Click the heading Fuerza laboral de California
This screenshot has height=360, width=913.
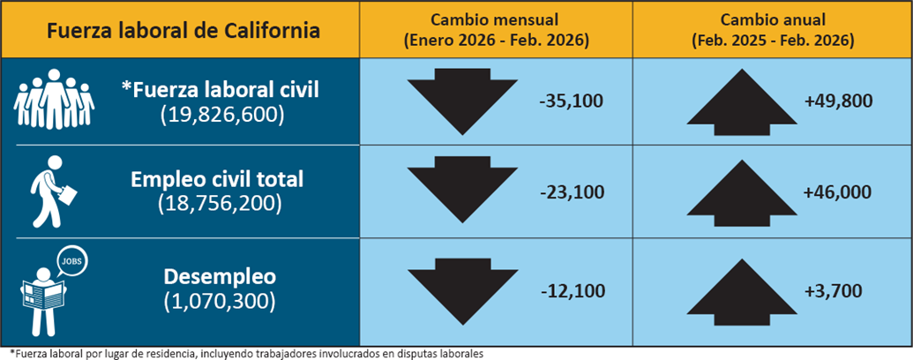click(183, 31)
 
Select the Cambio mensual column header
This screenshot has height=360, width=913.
click(497, 30)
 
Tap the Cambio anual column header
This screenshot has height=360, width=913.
click(773, 30)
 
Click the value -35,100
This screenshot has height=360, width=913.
click(571, 101)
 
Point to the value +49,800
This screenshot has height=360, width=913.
click(838, 101)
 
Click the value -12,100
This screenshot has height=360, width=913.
click(571, 289)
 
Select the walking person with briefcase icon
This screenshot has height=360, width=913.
click(52, 190)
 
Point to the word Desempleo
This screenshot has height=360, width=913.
click(220, 276)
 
